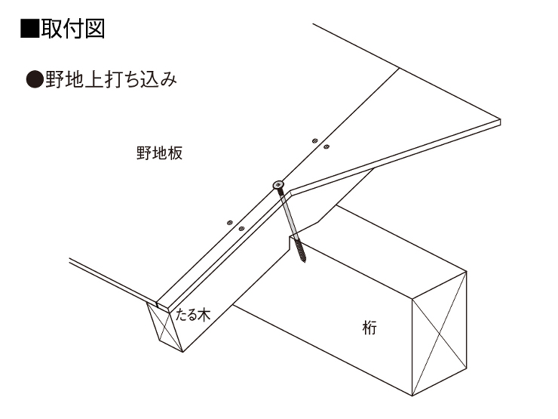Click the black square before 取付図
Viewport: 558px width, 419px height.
point(29,29)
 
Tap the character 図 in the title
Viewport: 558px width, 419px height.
point(94,29)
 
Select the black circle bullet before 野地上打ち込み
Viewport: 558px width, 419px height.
point(35,79)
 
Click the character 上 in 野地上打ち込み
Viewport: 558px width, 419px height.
point(94,79)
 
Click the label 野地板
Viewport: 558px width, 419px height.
point(159,153)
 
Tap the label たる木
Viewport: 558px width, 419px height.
point(192,315)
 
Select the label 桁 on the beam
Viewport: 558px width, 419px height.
point(369,328)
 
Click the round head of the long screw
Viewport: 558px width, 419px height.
point(278,185)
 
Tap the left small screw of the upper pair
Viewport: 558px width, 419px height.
point(314,140)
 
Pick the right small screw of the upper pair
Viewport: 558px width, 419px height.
point(327,146)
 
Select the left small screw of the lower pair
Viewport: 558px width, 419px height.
point(230,223)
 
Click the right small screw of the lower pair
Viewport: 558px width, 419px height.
point(241,229)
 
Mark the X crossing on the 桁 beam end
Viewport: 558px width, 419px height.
point(440,334)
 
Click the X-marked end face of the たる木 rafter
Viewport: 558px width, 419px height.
point(165,326)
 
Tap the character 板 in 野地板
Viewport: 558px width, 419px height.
point(175,153)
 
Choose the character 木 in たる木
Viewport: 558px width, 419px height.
point(204,315)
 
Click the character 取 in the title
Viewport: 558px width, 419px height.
point(51,29)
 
